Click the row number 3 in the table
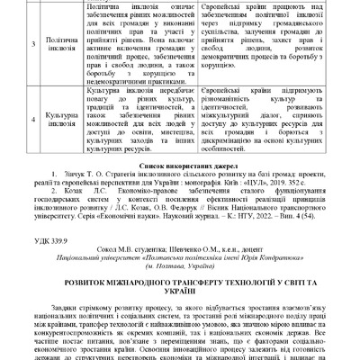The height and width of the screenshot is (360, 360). pos(8,41)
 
